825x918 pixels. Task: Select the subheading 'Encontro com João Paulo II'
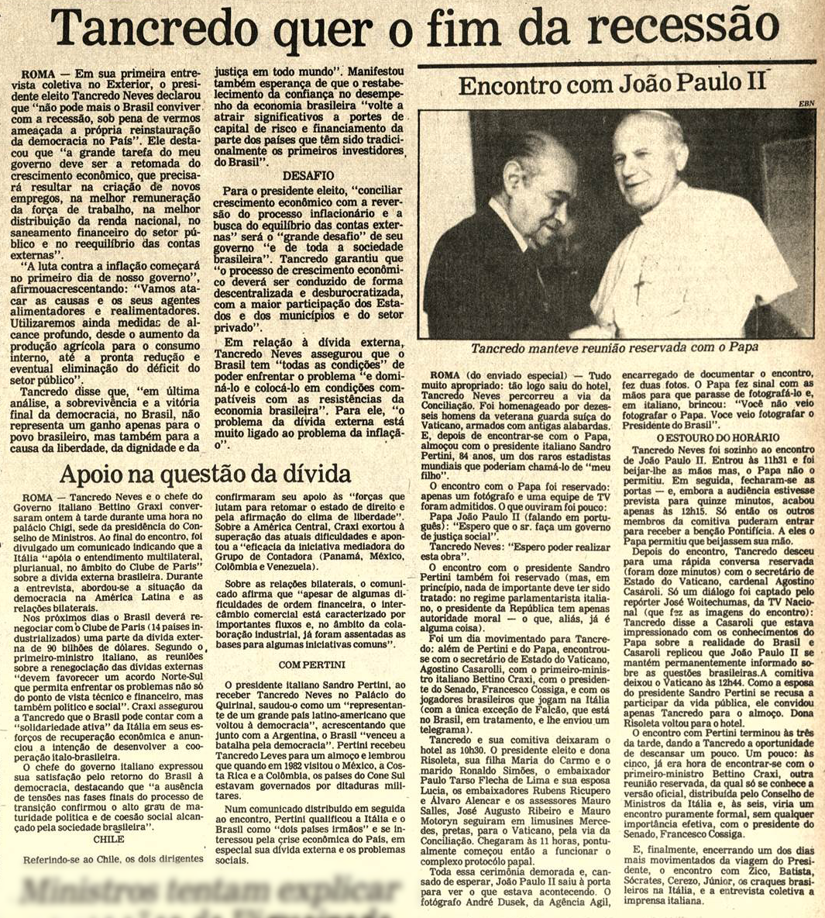click(612, 85)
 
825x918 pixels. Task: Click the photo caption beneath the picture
click(614, 348)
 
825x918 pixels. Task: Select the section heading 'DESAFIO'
click(308, 176)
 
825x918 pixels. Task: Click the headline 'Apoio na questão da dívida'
click(205, 473)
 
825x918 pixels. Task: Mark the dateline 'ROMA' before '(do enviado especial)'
click(445, 376)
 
